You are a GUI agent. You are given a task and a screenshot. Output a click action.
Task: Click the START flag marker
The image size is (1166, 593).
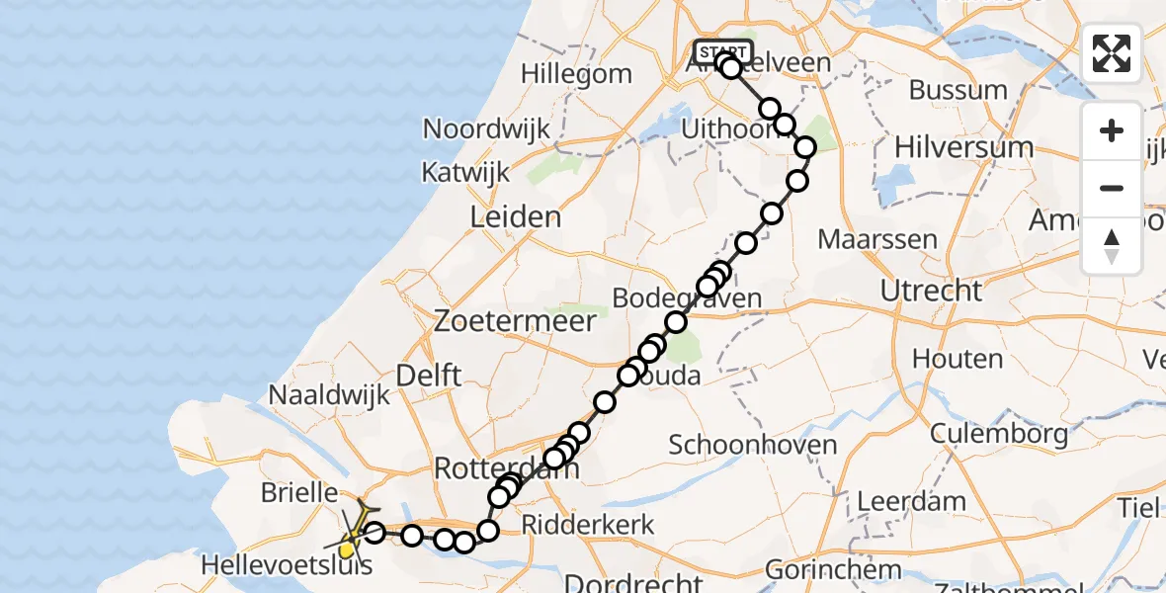point(723,51)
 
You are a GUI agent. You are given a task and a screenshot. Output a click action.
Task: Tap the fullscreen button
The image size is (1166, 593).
point(1112,53)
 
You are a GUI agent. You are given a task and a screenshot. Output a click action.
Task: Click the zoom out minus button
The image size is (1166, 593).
point(1112,188)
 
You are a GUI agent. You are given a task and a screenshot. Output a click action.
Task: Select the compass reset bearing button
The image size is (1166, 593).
point(1112,245)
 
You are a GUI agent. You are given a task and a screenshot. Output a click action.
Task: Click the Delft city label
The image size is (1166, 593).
point(428,376)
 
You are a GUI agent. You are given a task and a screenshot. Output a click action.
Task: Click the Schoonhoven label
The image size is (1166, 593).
point(753,445)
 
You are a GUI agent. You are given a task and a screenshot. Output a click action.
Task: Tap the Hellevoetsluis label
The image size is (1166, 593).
point(287,566)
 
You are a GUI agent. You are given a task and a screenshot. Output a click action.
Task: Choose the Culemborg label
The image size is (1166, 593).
point(999,433)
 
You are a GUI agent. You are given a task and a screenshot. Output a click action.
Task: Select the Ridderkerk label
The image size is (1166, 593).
point(588,524)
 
